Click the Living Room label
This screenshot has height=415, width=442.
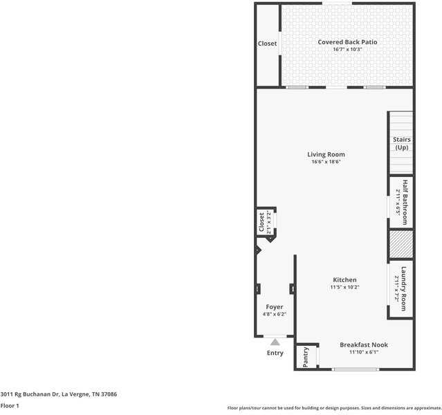(x=326, y=154)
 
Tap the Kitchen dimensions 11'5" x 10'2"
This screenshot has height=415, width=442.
(x=344, y=287)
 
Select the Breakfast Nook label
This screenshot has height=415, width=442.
(x=363, y=344)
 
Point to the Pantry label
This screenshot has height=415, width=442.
(x=306, y=357)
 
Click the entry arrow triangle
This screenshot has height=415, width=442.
(x=275, y=341)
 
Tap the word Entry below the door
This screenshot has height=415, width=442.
(x=275, y=353)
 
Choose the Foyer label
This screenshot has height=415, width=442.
(x=274, y=306)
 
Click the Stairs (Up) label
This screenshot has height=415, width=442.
(x=401, y=143)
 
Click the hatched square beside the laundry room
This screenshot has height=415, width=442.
(x=400, y=244)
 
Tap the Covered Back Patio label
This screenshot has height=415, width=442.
(x=347, y=42)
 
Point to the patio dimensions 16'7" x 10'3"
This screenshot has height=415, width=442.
(x=347, y=50)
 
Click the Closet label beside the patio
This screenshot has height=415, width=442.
(x=267, y=44)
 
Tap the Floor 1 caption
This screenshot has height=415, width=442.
(x=10, y=405)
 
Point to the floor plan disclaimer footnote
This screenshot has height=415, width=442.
(x=333, y=408)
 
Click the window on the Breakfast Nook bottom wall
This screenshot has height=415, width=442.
(x=356, y=369)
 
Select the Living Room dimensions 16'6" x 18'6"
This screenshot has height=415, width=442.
(x=326, y=162)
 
